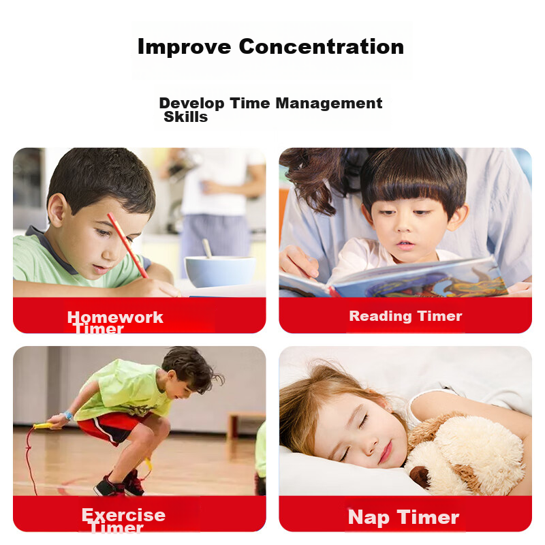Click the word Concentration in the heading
pyautogui.click(x=321, y=46)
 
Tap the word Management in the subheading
pyautogui.click(x=329, y=104)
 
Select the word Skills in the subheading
pyautogui.click(x=185, y=117)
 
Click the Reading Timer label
pyautogui.click(x=405, y=316)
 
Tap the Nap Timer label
pyautogui.click(x=403, y=517)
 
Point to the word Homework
pyautogui.click(x=115, y=317)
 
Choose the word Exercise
pyautogui.click(x=123, y=515)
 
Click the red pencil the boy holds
pyautogui.click(x=127, y=245)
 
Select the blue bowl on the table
pyautogui.click(x=219, y=271)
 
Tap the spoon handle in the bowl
pyautogui.click(x=207, y=248)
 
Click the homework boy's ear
pyautogui.click(x=58, y=211)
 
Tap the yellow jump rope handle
pyautogui.click(x=43, y=425)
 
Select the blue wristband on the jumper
pyautogui.click(x=67, y=415)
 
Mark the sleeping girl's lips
pyautogui.click(x=386, y=452)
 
